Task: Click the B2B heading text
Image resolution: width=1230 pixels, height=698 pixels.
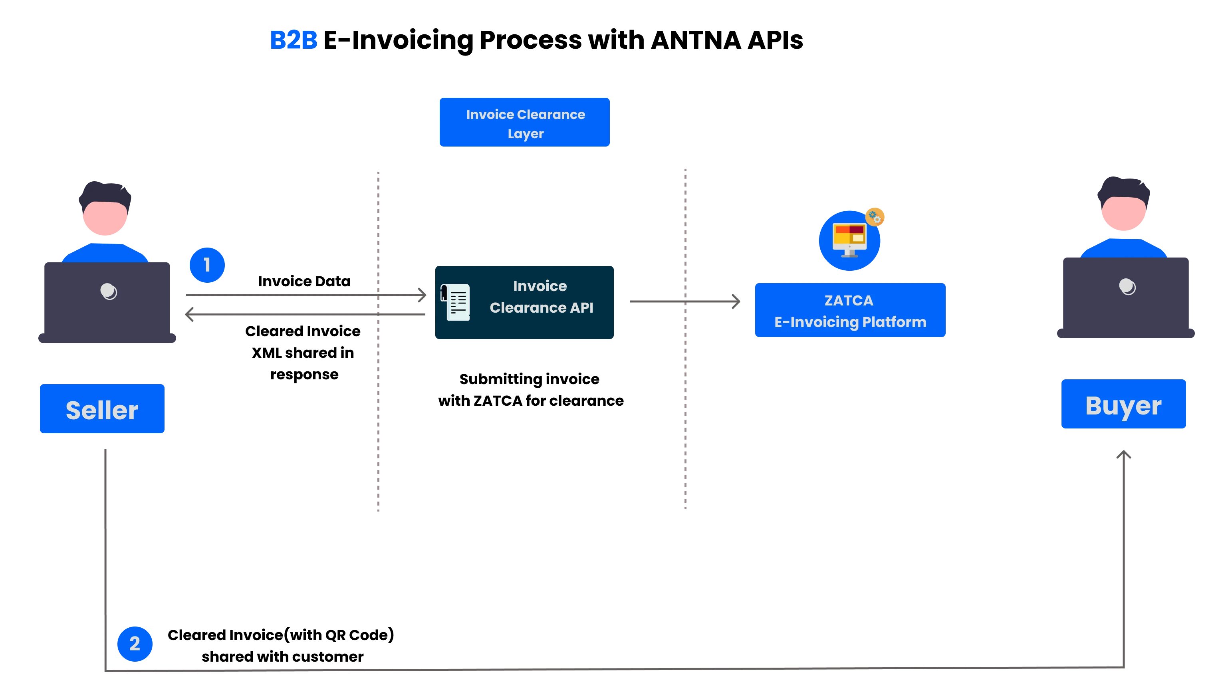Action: [x=294, y=40]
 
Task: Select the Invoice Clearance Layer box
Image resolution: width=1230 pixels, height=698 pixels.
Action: [x=524, y=122]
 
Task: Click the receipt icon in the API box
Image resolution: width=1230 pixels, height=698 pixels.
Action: [x=455, y=302]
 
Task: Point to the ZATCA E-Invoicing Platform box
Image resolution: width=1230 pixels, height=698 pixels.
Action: [x=849, y=310]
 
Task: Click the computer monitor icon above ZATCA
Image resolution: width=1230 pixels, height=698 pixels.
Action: [x=849, y=240]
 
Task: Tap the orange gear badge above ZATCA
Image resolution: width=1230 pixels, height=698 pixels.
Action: [x=875, y=217]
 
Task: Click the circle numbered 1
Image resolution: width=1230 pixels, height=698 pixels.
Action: [x=207, y=265]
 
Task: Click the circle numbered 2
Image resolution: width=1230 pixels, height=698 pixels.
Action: [x=135, y=644]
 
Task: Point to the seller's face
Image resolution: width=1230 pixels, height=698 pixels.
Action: [x=105, y=218]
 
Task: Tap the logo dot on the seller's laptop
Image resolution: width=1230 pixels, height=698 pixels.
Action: [x=108, y=291]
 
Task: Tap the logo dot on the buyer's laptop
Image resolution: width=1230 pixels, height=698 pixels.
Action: [x=1127, y=286]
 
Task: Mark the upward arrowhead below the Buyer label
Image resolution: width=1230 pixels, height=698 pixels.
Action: [x=1124, y=454]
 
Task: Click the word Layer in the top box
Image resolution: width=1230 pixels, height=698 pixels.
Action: [x=526, y=134]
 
